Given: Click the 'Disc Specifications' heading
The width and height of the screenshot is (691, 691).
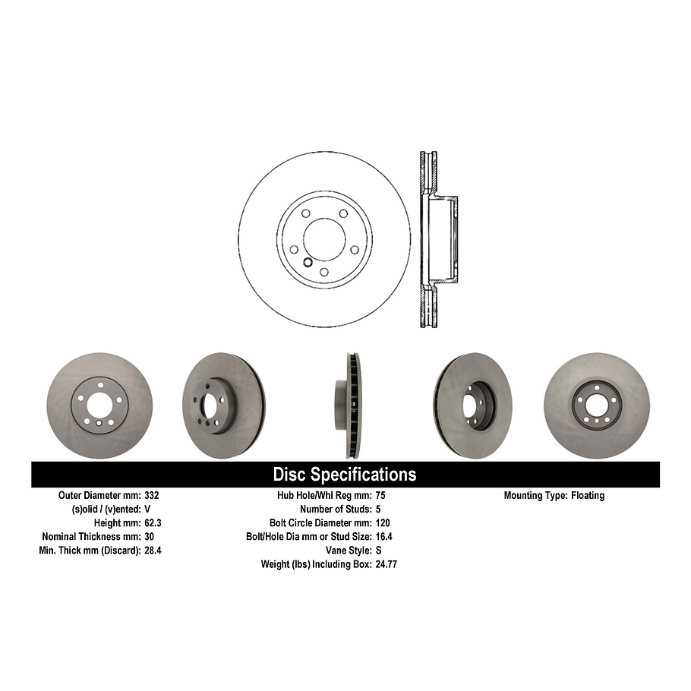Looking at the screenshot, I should click(345, 475).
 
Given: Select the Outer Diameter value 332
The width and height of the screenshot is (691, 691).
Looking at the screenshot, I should click(151, 495).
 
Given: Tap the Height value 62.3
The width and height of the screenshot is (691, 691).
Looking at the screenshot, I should click(153, 522).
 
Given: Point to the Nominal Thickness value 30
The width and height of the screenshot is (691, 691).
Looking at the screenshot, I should click(149, 536).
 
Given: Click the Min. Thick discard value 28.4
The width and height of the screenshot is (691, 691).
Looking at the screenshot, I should click(153, 550).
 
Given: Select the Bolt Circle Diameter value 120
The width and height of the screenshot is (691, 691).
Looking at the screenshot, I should click(383, 522).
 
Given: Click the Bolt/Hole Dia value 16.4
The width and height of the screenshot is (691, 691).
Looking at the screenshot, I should click(384, 536).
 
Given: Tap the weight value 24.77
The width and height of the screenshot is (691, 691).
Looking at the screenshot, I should click(387, 564).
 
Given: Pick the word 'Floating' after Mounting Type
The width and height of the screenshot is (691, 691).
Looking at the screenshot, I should click(588, 495).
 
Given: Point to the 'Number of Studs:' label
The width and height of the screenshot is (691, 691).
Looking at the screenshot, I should click(336, 509).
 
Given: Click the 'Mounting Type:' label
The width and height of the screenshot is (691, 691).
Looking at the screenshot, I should click(535, 495).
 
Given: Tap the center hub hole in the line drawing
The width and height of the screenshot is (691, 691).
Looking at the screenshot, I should click(324, 238).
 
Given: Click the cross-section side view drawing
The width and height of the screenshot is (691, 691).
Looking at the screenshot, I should click(437, 239).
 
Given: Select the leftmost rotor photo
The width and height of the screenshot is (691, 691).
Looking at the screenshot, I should click(99, 405).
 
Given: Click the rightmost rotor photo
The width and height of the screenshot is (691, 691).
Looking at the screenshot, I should click(596, 405).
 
